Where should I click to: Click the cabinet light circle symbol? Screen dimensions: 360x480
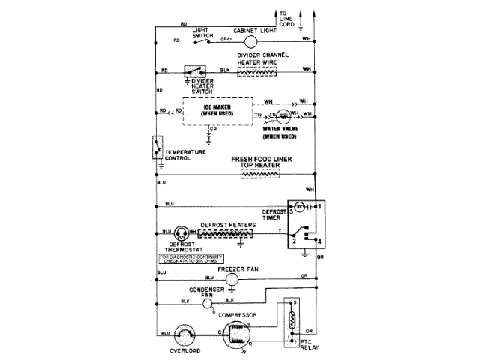(251, 41)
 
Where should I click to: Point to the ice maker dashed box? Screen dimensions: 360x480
(216, 112)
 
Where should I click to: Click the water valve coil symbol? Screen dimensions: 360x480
(283, 116)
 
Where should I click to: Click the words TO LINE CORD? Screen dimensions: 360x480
(288, 18)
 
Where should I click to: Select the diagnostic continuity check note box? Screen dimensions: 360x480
(191, 259)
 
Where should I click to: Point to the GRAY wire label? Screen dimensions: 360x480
(226, 39)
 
